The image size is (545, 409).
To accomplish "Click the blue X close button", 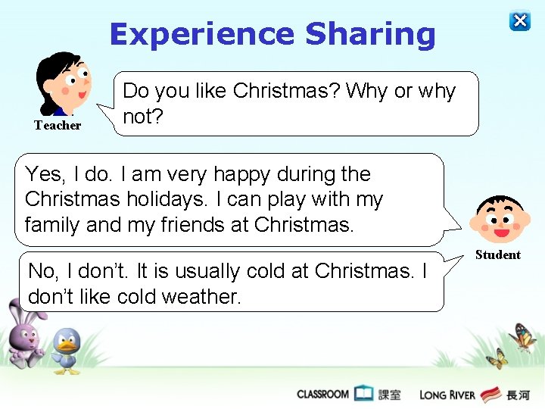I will [520, 21].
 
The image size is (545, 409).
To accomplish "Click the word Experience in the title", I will [201, 34].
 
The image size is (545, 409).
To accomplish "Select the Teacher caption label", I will [58, 126].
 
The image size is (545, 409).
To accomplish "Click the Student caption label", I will [497, 255].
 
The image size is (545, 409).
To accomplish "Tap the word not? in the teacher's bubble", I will [139, 117].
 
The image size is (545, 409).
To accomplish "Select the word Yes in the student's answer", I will [42, 175].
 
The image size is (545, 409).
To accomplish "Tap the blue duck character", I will [67, 350].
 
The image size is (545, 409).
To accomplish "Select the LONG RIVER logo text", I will [447, 395].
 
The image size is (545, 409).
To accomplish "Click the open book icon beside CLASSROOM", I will [364, 393].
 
